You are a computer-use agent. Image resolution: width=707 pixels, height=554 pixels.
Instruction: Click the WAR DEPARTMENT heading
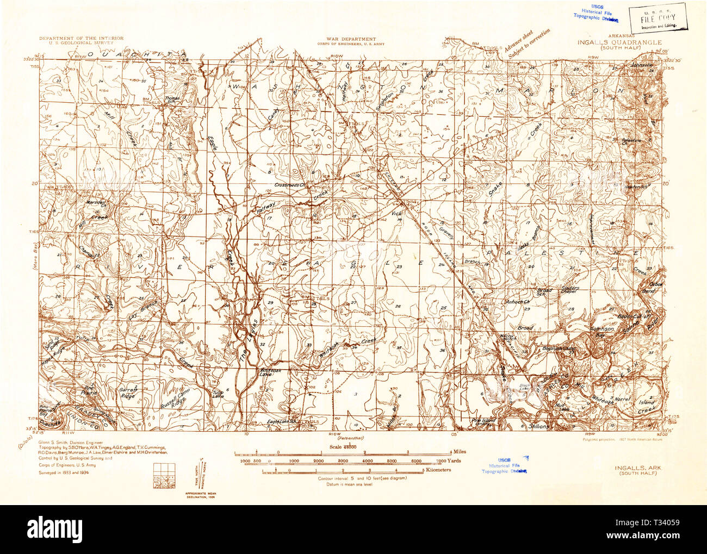pyautogui.click(x=351, y=39)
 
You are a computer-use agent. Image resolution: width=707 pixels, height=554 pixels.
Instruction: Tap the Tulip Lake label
pyautogui.click(x=218, y=394)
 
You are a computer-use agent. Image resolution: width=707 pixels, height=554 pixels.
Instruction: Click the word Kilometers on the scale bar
pyautogui.click(x=438, y=470)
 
